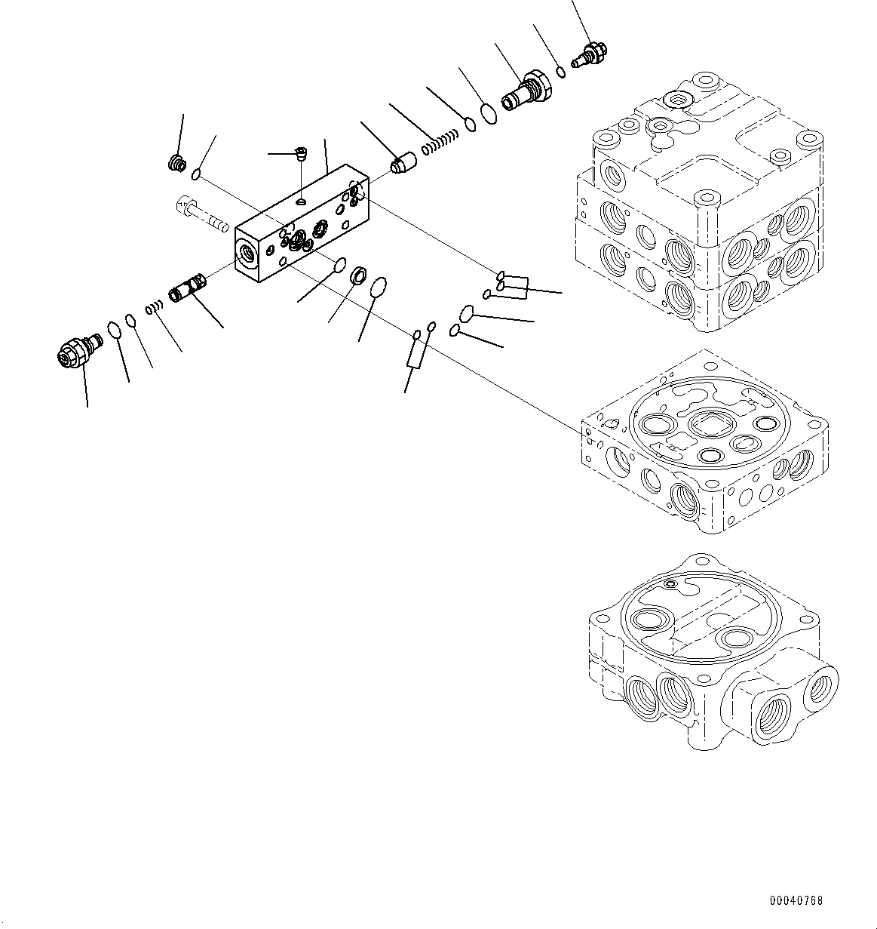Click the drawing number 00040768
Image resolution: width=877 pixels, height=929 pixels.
(x=796, y=900)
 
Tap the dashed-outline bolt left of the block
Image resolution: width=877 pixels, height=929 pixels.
(x=201, y=213)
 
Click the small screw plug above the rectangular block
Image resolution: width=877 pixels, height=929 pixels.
(x=301, y=155)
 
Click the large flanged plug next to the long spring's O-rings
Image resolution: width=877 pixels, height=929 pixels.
(x=528, y=91)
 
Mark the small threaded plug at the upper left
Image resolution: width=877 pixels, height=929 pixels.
(x=177, y=162)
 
